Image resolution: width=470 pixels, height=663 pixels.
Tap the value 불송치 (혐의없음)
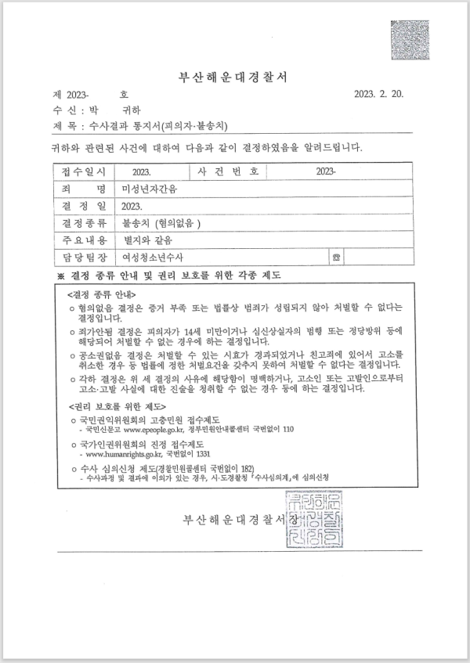(161, 222)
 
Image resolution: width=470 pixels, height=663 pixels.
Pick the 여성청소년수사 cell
(154, 256)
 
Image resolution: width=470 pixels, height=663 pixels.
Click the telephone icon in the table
(337, 257)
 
